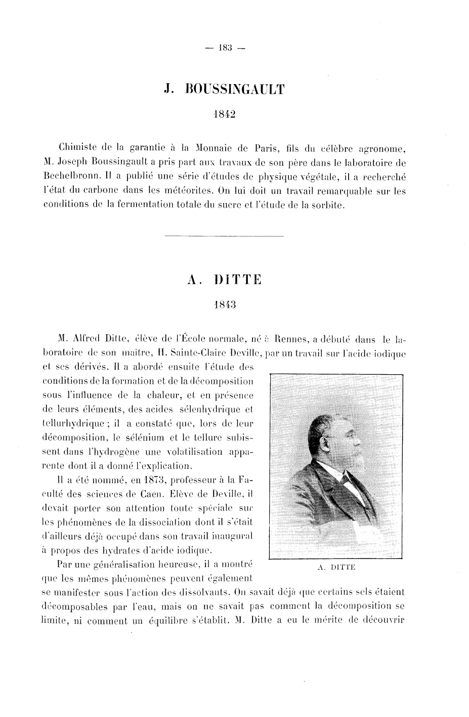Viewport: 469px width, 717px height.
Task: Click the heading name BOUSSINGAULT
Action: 236,90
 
